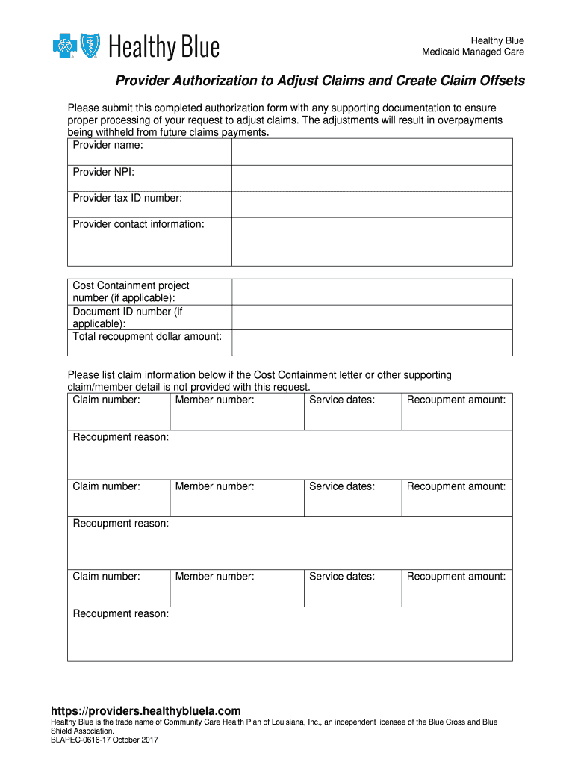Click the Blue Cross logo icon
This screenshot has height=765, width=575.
point(64,46)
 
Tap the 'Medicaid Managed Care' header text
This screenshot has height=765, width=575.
point(473,52)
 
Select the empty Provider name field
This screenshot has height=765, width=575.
point(371,152)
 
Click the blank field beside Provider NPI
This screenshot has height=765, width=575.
point(371,178)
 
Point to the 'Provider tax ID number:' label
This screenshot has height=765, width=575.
point(127,198)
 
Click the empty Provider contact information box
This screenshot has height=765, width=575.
point(371,241)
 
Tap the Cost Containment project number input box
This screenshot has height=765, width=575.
point(371,292)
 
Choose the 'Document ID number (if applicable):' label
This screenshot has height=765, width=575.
point(127,318)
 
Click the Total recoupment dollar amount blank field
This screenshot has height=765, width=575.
point(371,342)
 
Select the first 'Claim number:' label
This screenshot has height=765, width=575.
point(106,400)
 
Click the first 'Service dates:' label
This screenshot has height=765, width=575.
point(342,400)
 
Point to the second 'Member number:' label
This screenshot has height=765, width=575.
point(214,487)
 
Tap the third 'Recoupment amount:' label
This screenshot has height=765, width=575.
point(456,577)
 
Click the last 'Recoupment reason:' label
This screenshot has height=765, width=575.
point(120,614)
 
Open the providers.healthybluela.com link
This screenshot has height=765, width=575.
point(146,711)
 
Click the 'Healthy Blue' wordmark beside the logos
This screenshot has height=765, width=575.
point(164,48)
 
